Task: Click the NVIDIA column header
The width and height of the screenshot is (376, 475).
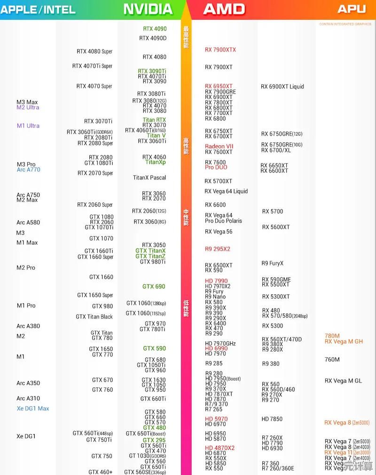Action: pyautogui.click(x=148, y=9)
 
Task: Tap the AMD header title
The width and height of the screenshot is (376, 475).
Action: pyautogui.click(x=224, y=9)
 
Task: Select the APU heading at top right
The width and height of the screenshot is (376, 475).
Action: pyautogui.click(x=352, y=9)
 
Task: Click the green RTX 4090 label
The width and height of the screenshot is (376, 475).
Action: pyautogui.click(x=155, y=29)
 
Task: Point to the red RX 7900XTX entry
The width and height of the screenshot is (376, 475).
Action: pyautogui.click(x=220, y=49)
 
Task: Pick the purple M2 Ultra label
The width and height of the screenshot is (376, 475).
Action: pyautogui.click(x=28, y=107)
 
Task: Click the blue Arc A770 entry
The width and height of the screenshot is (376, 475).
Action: pyautogui.click(x=28, y=169)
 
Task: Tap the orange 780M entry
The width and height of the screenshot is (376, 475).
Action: pyautogui.click(x=332, y=336)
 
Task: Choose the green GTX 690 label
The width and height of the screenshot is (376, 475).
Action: pyautogui.click(x=154, y=286)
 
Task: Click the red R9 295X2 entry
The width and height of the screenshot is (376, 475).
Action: pyautogui.click(x=218, y=249)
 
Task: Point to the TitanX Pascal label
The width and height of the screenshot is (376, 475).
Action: pyautogui.click(x=149, y=177)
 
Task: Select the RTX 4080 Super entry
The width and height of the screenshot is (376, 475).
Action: pyautogui.click(x=94, y=51)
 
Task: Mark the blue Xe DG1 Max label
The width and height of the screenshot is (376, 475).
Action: pyautogui.click(x=33, y=409)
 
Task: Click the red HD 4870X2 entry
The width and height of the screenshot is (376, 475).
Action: pyautogui.click(x=219, y=448)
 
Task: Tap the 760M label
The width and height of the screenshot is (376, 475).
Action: pyautogui.click(x=332, y=359)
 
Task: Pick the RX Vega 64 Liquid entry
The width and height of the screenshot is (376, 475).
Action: pyautogui.click(x=226, y=191)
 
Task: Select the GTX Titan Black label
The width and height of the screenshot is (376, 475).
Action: pyautogui.click(x=94, y=317)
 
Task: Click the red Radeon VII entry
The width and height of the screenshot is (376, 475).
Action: pyautogui.click(x=219, y=146)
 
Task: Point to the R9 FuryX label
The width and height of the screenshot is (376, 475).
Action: pyautogui.click(x=273, y=263)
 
